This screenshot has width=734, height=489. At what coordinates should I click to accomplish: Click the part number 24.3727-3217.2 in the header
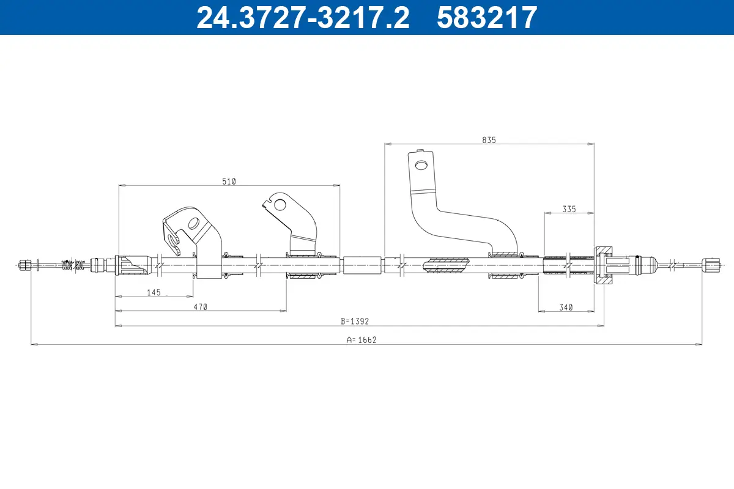click(303, 18)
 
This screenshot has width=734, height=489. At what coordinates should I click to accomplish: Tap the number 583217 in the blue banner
click(487, 18)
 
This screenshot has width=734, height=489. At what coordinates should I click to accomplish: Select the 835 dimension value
click(489, 140)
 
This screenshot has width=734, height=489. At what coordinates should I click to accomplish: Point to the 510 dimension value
click(229, 182)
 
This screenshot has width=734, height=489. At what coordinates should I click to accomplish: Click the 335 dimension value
click(569, 209)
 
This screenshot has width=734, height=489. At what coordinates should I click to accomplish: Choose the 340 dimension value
click(566, 307)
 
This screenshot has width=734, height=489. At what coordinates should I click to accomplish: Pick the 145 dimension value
click(154, 292)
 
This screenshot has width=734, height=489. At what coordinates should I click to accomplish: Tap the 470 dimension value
click(201, 307)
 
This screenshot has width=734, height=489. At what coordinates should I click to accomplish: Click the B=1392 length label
click(355, 322)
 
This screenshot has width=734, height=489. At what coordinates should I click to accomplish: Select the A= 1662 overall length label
click(361, 340)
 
